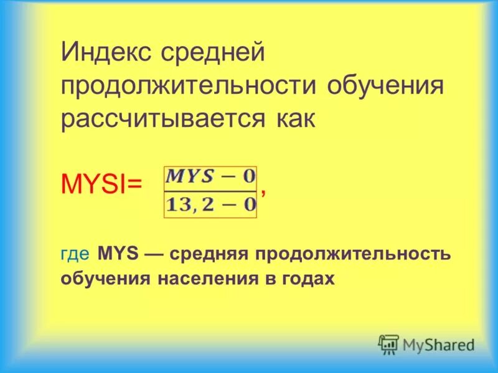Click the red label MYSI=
tap(102, 184)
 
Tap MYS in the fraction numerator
tap(190, 177)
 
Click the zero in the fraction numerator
tap(248, 177)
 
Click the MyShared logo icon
tap(389, 344)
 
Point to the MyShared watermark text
tap(438, 344)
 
